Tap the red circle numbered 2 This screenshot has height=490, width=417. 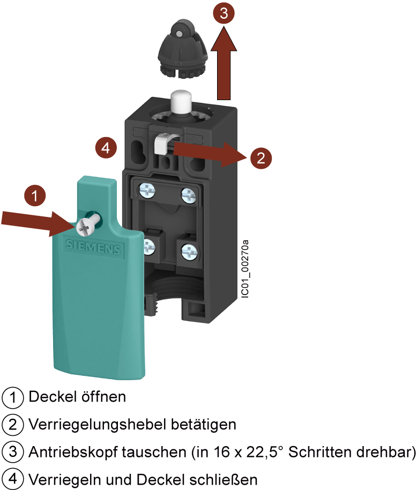pos(260,158)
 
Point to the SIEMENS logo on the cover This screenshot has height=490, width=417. pos(93,247)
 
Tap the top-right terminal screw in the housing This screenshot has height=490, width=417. pos(188,195)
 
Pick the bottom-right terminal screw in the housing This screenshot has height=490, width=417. pos(188,250)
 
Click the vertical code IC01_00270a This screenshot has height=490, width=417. pos(245,270)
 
